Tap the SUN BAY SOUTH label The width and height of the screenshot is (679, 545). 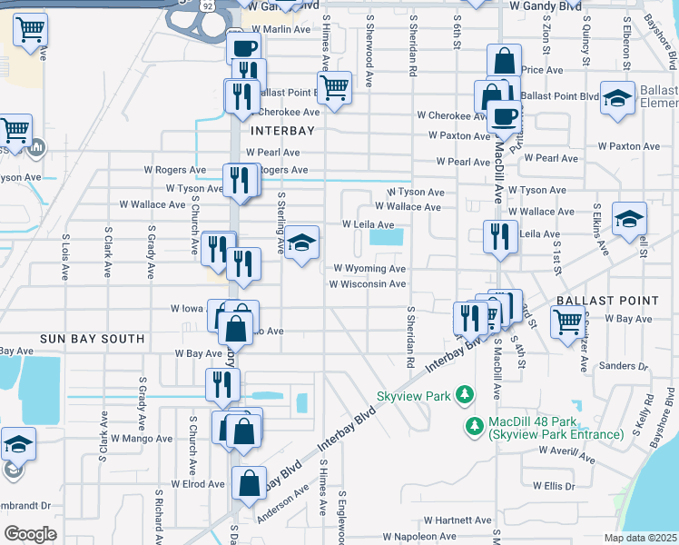pos(92,339)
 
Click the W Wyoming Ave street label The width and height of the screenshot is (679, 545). pos(369,269)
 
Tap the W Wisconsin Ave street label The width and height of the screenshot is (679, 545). pos(367,284)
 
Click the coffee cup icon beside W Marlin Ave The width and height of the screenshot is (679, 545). pos(243,48)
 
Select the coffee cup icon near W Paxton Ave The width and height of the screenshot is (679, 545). pos(504,115)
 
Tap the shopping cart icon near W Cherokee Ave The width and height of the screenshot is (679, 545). pos(335,88)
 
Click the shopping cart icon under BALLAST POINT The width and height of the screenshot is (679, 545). pos(567,320)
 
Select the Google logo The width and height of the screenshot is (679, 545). pos(30,534)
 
